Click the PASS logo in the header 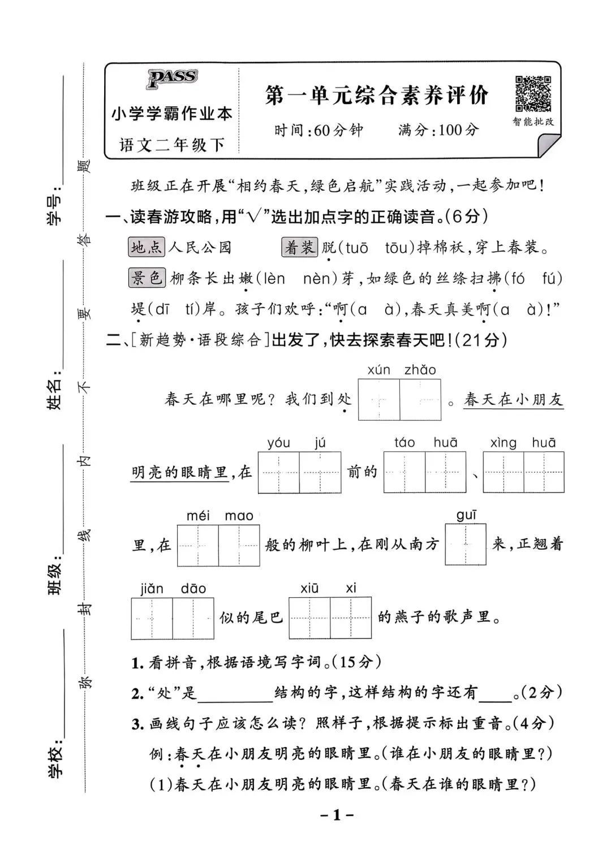click(172, 78)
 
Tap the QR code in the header click(532, 94)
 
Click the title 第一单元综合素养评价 click(376, 96)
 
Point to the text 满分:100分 click(438, 130)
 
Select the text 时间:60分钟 click(319, 131)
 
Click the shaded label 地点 click(147, 247)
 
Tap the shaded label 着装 click(299, 247)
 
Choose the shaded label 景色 click(147, 278)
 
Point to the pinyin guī click(466, 515)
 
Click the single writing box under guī click(466, 545)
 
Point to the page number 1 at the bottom click(336, 815)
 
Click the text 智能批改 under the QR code click(533, 122)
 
